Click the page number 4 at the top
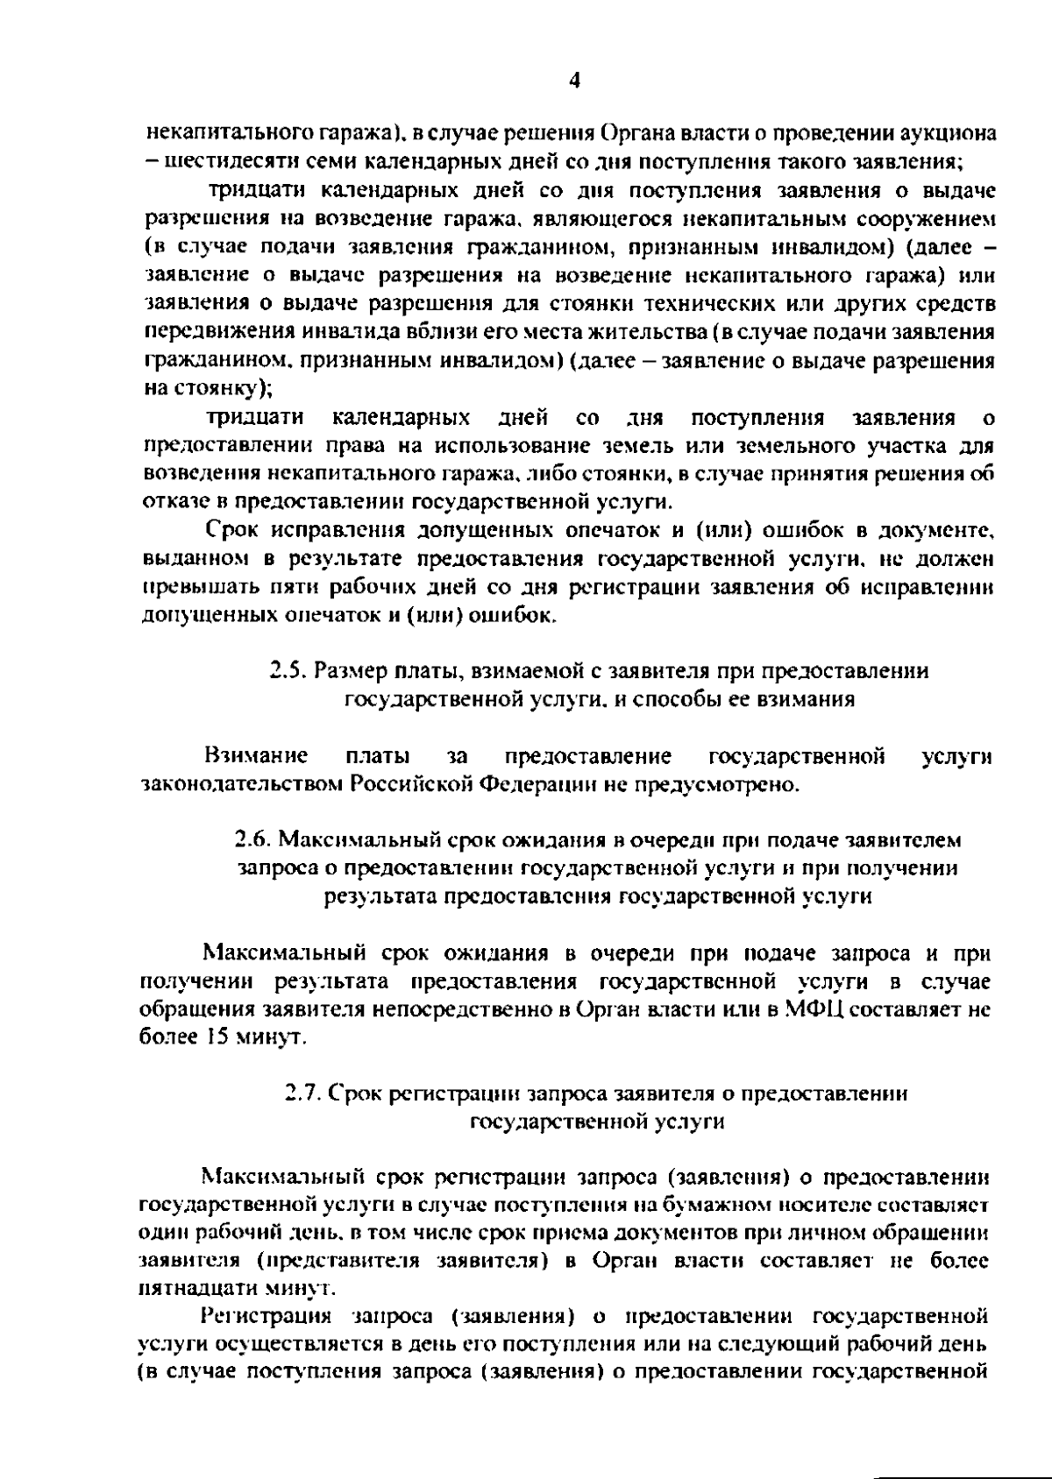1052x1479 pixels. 574,81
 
